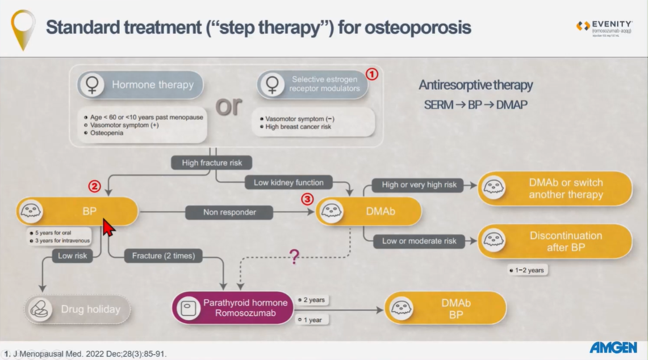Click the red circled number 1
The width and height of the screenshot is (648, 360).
(x=371, y=74)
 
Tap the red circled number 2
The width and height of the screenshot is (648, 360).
(x=94, y=186)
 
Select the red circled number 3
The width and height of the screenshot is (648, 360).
(x=307, y=199)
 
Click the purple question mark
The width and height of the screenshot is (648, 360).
(x=294, y=257)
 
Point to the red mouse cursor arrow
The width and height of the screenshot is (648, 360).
(x=107, y=227)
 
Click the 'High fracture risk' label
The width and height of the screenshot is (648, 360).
(x=212, y=162)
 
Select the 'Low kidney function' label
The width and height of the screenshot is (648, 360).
(x=289, y=182)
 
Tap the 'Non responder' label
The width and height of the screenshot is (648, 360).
(x=229, y=212)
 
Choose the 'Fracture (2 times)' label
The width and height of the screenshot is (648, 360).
(x=163, y=256)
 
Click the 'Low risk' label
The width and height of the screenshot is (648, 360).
(x=73, y=256)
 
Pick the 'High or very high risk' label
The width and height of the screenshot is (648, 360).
(x=419, y=185)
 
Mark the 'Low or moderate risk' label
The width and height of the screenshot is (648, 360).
(x=419, y=241)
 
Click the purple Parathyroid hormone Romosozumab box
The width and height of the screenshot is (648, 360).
(x=233, y=308)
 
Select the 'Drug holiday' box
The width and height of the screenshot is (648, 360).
(x=77, y=309)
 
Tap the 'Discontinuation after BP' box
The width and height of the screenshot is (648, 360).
(x=555, y=241)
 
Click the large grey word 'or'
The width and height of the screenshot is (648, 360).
(x=228, y=106)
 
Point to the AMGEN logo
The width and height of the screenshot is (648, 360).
(x=613, y=348)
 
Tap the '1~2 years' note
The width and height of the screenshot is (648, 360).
(x=527, y=270)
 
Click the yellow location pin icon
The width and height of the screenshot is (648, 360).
(x=23, y=28)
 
